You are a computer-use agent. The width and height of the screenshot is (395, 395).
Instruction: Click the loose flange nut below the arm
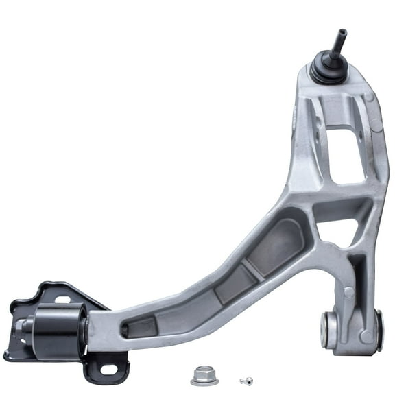point(204,375)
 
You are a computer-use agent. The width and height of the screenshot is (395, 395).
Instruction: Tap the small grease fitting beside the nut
point(246,381)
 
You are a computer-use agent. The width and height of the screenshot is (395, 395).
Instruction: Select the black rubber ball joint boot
point(327,69)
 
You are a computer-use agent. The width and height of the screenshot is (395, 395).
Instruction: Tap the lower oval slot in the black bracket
point(108,369)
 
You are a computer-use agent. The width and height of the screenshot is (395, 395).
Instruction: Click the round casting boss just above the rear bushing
point(349,292)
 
